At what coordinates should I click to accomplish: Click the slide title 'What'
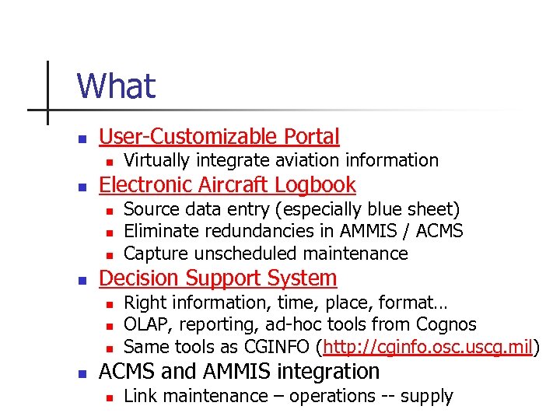[x=116, y=86]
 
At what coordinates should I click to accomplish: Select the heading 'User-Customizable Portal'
[x=219, y=137]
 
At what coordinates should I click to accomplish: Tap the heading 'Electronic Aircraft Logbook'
[x=227, y=185]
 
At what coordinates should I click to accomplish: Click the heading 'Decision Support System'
[x=218, y=278]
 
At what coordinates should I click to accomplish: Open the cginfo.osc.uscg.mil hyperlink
[x=428, y=347]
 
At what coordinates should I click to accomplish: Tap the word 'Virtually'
[x=156, y=161]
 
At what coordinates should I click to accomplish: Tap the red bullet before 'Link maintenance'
[x=110, y=397]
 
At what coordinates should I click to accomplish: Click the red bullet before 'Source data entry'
[x=110, y=210]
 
